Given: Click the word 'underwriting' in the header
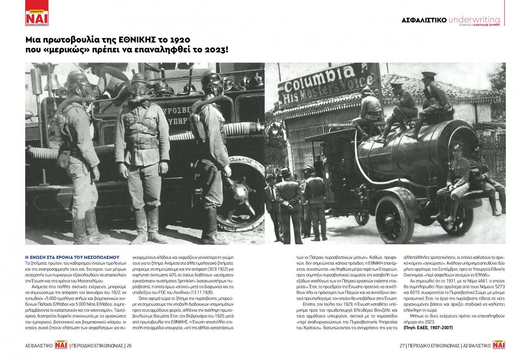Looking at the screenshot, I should [x=474, y=20].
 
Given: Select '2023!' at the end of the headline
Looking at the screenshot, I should [x=216, y=50].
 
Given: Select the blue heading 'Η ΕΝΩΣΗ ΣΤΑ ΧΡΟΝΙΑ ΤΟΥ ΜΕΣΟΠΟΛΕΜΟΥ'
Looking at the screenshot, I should [x=72, y=257].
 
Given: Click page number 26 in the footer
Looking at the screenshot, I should [x=129, y=346].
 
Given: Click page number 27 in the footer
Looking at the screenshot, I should [x=402, y=346].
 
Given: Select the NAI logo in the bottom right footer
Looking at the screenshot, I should [x=499, y=345].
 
